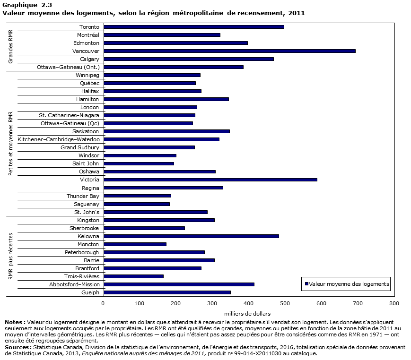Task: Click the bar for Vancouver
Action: [229, 51]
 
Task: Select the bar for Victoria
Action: [210, 180]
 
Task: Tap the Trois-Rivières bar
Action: [133, 276]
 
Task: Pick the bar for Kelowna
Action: [191, 236]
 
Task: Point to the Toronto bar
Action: [193, 27]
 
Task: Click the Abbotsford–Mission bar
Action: [179, 284]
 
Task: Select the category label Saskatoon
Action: [86, 131]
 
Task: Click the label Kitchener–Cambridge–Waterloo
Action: [58, 139]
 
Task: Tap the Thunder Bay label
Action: [83, 196]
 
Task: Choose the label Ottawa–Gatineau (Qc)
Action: [70, 123]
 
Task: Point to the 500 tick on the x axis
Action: [285, 302]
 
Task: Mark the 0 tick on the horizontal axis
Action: [103, 302]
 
